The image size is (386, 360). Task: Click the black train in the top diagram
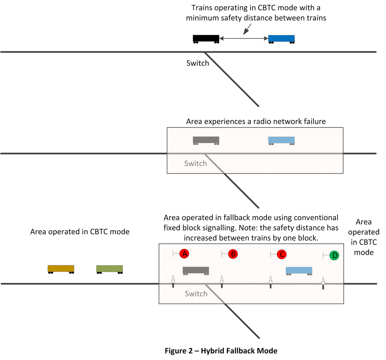coord(206,38)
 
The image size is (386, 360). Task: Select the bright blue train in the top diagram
coord(281,38)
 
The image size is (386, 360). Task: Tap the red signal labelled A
coord(184,254)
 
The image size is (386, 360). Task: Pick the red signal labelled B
coord(233,254)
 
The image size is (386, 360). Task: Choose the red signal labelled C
coord(282,254)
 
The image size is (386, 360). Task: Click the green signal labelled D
coord(334,255)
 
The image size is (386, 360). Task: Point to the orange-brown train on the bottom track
coord(61,269)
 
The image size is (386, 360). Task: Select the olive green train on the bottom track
coord(110,269)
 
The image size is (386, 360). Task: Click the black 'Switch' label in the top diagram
coord(198,63)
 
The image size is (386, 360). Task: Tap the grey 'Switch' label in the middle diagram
coord(195,163)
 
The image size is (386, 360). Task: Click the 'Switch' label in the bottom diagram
coord(196,294)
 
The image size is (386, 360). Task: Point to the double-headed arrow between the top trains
coord(244,38)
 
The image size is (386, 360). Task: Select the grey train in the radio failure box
coord(206,140)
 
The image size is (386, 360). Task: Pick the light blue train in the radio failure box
coord(281,140)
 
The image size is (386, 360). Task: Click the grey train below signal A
coord(196,270)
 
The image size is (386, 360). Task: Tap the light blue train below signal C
coord(299,270)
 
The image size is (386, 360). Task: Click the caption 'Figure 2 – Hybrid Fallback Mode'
coord(221,351)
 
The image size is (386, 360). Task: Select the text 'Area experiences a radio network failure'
coord(256,122)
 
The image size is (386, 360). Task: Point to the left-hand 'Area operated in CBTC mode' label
coord(80,232)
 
